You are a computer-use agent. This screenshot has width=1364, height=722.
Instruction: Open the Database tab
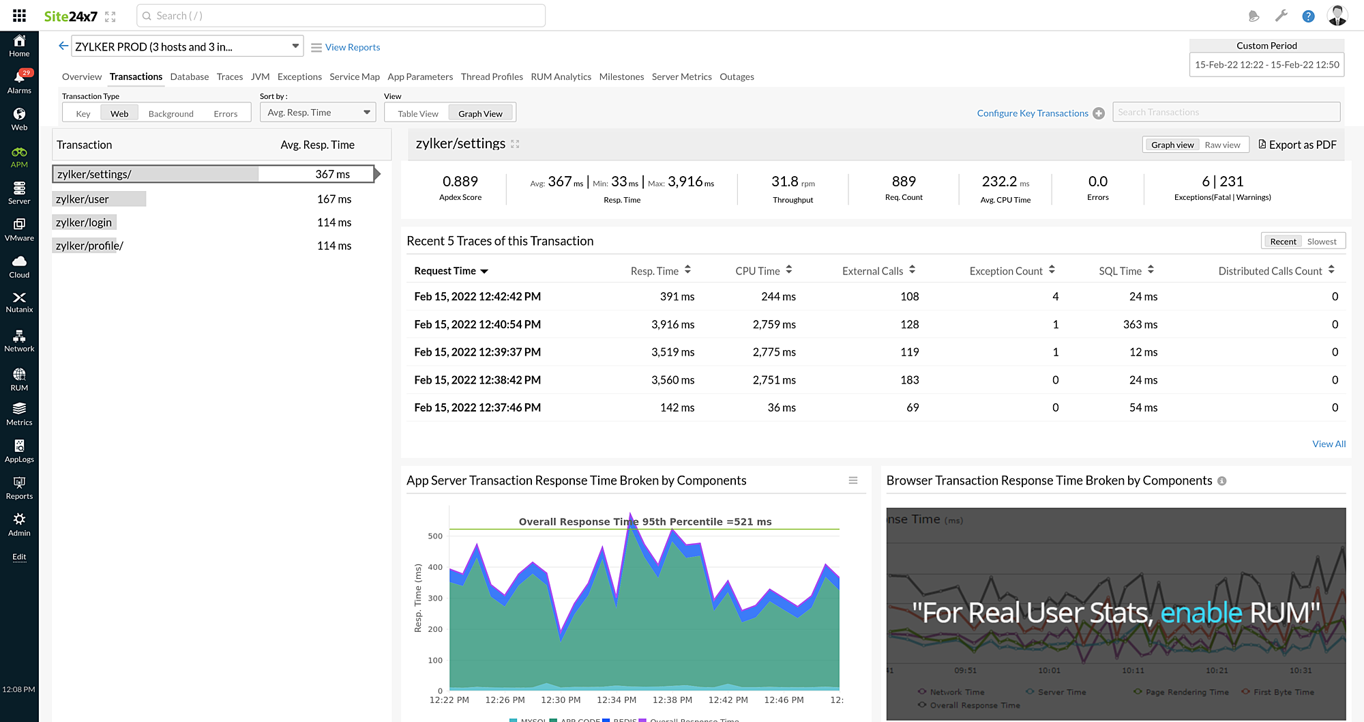click(189, 76)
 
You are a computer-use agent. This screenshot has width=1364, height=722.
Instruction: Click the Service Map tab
click(354, 76)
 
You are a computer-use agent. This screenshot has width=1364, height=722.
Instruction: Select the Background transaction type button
click(170, 113)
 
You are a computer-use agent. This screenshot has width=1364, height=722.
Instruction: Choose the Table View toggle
click(417, 113)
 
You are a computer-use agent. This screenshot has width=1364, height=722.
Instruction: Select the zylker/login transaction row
click(84, 222)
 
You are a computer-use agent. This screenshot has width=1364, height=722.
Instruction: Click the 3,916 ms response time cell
click(672, 324)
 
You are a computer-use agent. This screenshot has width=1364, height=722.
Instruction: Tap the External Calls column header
click(872, 271)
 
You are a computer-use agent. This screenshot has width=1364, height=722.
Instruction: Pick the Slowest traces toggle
click(1321, 242)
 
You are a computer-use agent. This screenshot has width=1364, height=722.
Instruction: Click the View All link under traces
click(1329, 444)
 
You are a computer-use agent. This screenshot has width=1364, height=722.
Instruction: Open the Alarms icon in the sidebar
click(19, 81)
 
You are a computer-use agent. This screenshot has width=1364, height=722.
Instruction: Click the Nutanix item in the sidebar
click(19, 302)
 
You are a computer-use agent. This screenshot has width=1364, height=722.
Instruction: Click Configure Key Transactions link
click(1032, 113)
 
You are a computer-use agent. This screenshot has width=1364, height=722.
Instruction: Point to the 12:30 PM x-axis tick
click(561, 699)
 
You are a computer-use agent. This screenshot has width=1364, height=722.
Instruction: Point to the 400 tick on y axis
click(435, 567)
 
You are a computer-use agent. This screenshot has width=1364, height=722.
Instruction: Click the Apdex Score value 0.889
click(460, 182)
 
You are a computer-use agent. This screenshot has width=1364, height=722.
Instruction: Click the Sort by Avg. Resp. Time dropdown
click(317, 113)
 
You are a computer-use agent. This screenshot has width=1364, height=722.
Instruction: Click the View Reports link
click(352, 47)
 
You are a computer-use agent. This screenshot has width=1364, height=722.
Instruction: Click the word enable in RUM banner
click(1200, 613)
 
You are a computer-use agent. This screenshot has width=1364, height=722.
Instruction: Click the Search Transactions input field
click(1226, 112)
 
